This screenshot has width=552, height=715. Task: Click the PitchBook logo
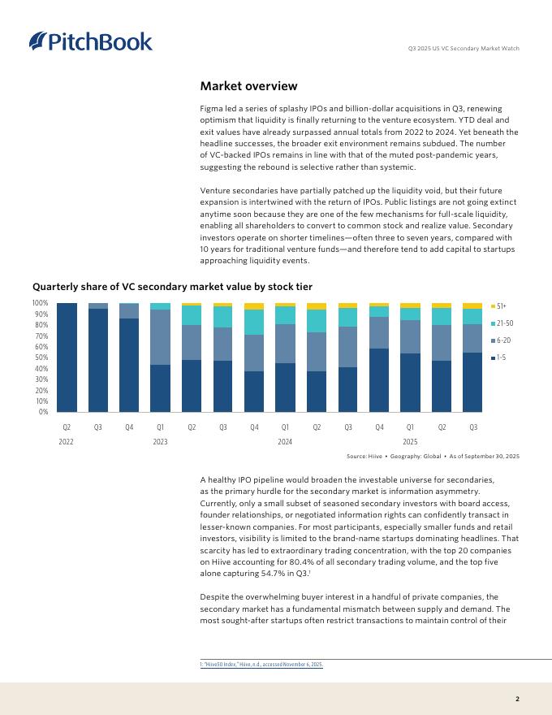90,41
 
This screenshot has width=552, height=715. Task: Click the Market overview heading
248,86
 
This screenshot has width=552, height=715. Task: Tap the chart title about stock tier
172,286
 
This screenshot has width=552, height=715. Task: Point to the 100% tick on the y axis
40,303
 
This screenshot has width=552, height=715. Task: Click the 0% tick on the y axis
43,412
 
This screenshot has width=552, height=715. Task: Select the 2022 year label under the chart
67,441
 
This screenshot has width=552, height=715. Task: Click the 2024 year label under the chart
285,441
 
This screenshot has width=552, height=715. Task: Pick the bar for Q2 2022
67,357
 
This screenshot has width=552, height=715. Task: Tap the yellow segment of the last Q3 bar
473,305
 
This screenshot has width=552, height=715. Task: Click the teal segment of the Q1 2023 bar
160,306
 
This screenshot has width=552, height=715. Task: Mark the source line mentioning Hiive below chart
433,457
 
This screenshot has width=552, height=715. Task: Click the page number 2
517,698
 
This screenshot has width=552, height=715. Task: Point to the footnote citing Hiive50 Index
261,665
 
